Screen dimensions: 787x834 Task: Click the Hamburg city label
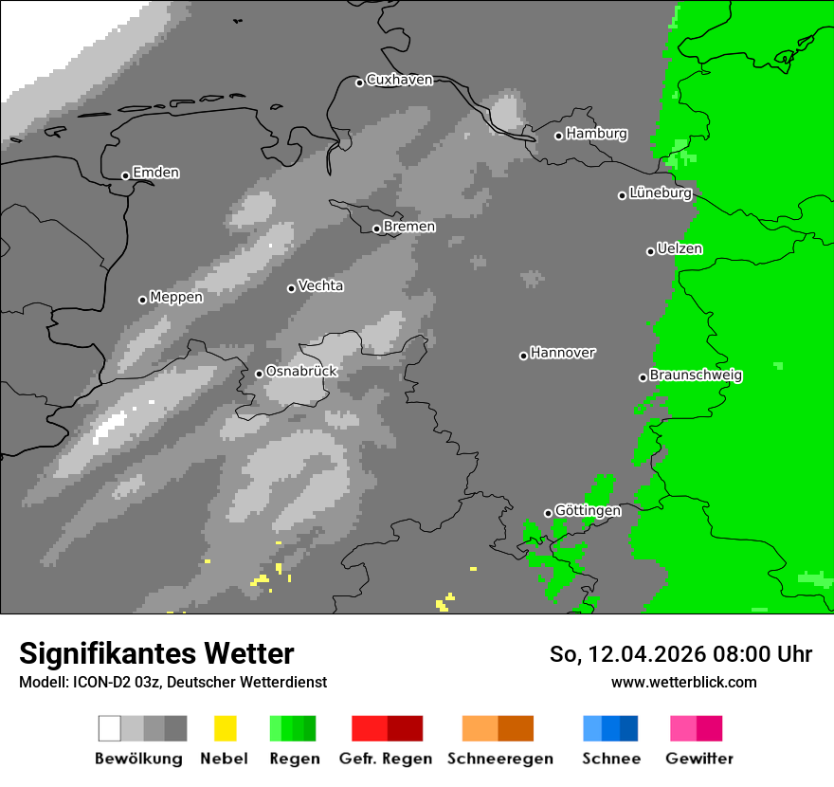(596, 134)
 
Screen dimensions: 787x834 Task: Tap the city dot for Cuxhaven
(360, 82)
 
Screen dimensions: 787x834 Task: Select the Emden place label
(155, 173)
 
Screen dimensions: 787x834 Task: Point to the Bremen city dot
(376, 229)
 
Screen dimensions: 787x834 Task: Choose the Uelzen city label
(680, 249)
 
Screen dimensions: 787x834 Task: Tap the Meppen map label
(176, 297)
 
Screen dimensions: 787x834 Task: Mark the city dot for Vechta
(292, 288)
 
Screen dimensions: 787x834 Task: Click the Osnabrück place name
(301, 372)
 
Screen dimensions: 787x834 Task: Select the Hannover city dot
(523, 356)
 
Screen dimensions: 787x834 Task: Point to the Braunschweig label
(696, 375)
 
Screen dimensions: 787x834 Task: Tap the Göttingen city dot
(548, 513)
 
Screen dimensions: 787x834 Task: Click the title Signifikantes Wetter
(156, 653)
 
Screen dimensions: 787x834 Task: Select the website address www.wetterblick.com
(683, 682)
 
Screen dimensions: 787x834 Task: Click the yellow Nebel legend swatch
(225, 728)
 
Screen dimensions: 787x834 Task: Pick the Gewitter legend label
(699, 759)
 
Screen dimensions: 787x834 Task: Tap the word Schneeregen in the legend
(500, 759)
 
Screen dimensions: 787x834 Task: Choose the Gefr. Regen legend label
(386, 759)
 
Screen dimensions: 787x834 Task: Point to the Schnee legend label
(611, 759)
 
